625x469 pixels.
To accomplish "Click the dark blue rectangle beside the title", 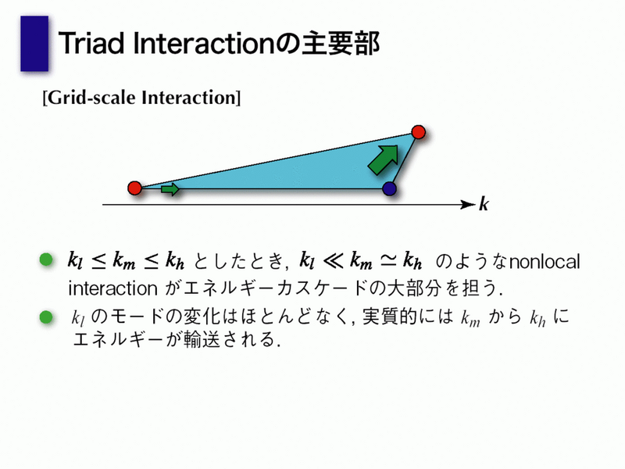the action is pyautogui.click(x=34, y=44).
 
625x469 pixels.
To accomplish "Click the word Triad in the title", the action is pyautogui.click(x=91, y=43).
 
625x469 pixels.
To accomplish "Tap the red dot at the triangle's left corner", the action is pyautogui.click(x=134, y=188).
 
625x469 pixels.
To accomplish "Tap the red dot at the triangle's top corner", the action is pyautogui.click(x=419, y=131).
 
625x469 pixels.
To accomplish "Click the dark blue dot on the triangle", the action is pyautogui.click(x=389, y=188).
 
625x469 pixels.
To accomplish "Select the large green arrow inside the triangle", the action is pyautogui.click(x=384, y=159).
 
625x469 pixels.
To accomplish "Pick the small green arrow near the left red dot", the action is pyautogui.click(x=170, y=189).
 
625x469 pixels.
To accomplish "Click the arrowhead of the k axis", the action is pyautogui.click(x=468, y=205).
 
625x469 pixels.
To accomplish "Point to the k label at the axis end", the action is pyautogui.click(x=484, y=204).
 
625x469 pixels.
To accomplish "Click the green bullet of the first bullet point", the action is pyautogui.click(x=46, y=260).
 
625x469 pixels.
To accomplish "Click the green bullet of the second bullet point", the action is pyautogui.click(x=46, y=317).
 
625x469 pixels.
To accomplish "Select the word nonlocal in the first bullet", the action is pyautogui.click(x=545, y=262).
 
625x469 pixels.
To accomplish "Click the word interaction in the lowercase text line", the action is pyautogui.click(x=112, y=288).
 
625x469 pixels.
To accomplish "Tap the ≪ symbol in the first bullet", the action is pyautogui.click(x=334, y=261).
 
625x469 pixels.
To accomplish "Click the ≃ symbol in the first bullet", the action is pyautogui.click(x=387, y=260).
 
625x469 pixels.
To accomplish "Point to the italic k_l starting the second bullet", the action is pyautogui.click(x=78, y=318).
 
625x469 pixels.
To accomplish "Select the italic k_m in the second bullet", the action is pyautogui.click(x=470, y=318).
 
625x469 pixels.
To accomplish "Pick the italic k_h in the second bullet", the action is pyautogui.click(x=537, y=318).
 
